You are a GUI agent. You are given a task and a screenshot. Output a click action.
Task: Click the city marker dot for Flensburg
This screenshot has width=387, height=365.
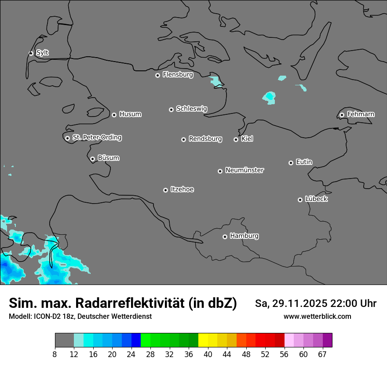click(157, 75)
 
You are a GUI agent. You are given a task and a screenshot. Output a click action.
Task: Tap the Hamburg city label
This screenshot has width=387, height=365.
click(244, 236)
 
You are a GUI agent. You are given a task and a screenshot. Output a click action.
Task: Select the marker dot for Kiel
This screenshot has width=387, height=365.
click(236, 139)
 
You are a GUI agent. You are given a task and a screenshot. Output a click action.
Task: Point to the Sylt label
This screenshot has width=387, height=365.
click(42, 53)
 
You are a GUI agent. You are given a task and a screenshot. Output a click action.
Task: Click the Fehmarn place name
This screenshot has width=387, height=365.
click(361, 114)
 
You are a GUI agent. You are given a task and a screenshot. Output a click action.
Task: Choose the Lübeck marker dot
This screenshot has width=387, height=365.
click(300, 200)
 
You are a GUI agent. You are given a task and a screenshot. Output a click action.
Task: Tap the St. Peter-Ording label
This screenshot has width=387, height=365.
click(97, 138)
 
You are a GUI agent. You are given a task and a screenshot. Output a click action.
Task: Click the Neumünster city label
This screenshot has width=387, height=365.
click(245, 170)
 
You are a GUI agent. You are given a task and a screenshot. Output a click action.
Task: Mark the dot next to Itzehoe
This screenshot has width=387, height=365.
click(165, 190)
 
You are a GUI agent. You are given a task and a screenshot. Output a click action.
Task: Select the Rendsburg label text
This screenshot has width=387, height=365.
click(205, 139)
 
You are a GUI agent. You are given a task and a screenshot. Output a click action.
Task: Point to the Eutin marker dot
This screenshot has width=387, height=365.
click(291, 163)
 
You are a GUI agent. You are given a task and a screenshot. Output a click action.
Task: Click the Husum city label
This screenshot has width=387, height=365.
click(130, 114)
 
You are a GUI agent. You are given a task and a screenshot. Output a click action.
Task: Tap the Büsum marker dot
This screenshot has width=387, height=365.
click(92, 159)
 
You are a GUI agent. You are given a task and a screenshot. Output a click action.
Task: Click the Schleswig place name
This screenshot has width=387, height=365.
click(191, 109)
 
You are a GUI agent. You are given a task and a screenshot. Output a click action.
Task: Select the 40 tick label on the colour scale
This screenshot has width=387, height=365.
click(208, 354)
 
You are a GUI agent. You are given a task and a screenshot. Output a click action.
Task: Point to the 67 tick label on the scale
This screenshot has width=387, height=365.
click(322, 354)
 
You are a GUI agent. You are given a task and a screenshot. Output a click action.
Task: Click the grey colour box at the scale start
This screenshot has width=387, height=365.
click(64, 340)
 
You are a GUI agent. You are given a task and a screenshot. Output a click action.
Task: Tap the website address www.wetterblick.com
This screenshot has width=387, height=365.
click(317, 316)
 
